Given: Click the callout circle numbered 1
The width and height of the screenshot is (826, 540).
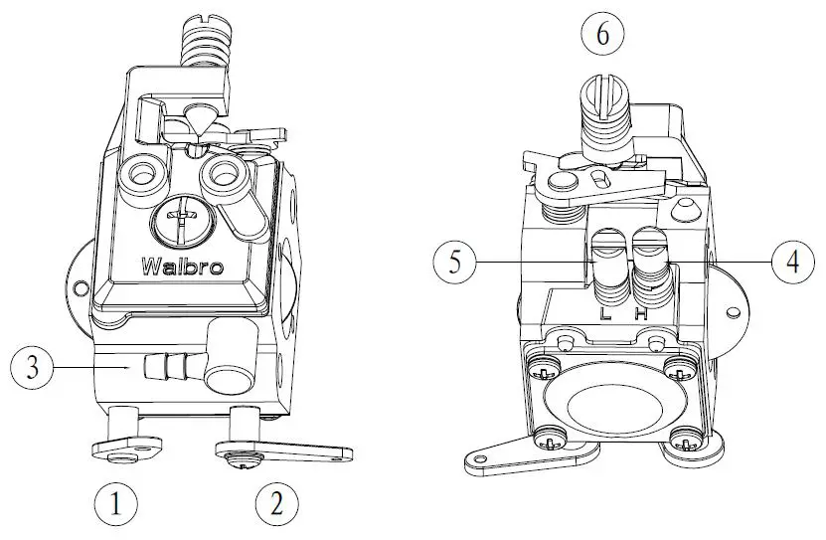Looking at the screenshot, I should (116, 505).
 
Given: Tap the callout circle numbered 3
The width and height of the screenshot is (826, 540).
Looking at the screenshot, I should (32, 368).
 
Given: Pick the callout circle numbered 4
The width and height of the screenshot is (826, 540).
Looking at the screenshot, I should (792, 263).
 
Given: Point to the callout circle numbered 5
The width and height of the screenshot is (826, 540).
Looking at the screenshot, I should (454, 263).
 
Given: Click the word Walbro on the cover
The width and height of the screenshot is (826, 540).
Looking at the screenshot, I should (182, 267).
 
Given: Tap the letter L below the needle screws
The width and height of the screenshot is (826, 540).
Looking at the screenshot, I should (605, 312).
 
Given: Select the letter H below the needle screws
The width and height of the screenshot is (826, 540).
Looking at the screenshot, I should (641, 312).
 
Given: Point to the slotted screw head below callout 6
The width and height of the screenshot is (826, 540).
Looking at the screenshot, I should (602, 93).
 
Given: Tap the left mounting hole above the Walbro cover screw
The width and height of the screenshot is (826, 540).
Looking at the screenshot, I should (140, 175).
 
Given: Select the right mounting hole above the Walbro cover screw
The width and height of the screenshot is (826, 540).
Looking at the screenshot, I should (222, 175).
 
